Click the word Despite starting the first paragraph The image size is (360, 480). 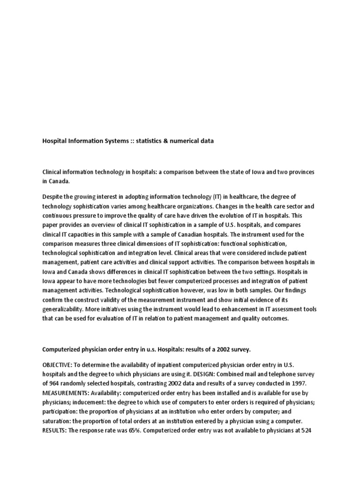[53, 197]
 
